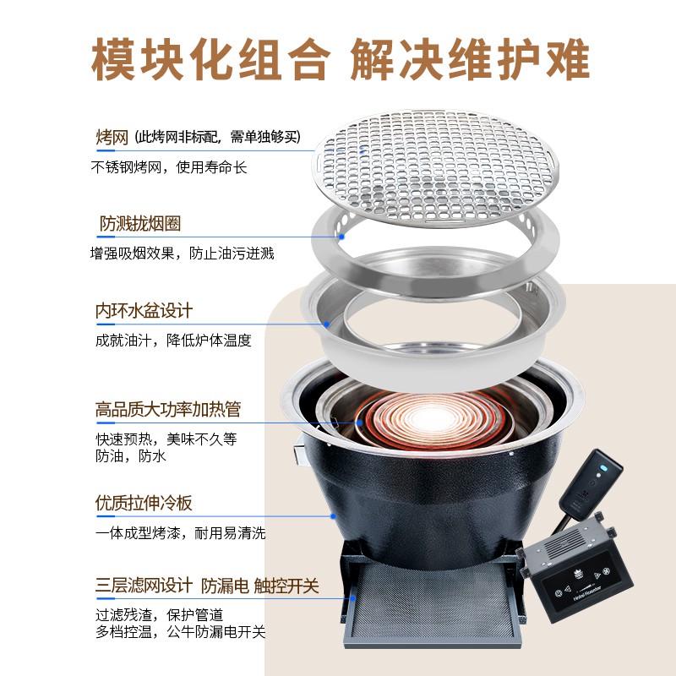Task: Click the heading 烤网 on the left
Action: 112,138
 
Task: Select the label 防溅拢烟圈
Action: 140,224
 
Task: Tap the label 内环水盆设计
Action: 144,311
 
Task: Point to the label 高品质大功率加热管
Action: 168,410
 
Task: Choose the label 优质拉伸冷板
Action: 144,503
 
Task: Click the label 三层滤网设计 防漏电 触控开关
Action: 207,586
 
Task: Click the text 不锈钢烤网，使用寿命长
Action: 168,167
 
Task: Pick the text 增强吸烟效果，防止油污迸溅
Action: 182,253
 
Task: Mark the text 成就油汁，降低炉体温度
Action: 173,341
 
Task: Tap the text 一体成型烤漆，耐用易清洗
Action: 180,533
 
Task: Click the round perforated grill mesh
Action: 435,168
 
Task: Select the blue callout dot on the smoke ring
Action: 341,237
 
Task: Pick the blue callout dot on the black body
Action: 333,516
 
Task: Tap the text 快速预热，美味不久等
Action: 166,439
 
